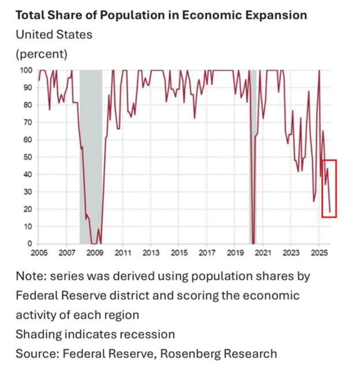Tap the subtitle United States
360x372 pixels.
54,34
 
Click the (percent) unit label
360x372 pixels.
41,54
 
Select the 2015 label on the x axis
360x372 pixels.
179,253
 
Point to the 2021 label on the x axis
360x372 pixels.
263,253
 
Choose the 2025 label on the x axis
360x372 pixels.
320,253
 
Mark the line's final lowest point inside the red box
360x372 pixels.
330,213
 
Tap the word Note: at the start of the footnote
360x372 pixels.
31,276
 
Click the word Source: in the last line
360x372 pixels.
36,353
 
